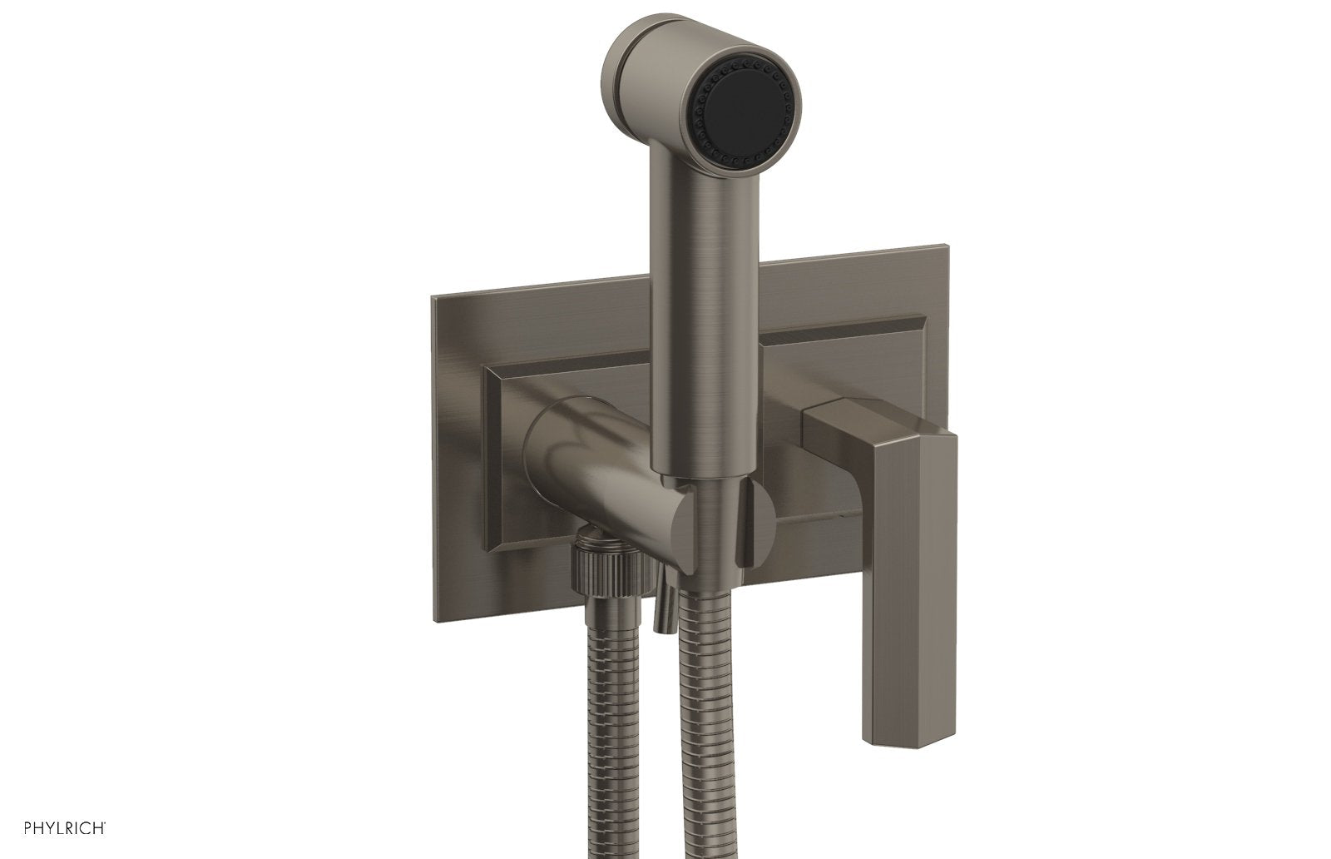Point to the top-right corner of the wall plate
coord(947,246)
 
